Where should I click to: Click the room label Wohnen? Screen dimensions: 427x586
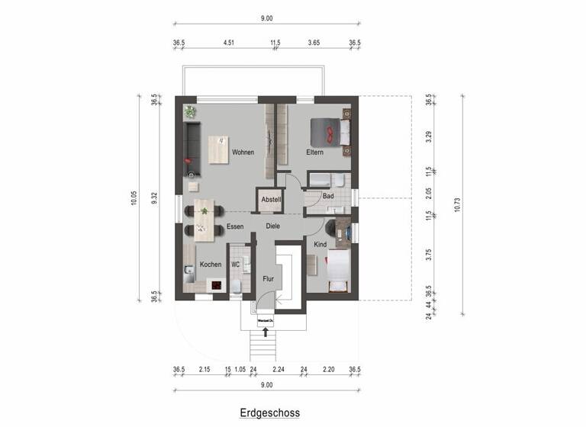(243, 152)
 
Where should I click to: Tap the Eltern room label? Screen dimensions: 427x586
(315, 152)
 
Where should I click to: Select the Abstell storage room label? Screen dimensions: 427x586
(271, 200)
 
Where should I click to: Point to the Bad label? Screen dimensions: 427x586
(328, 196)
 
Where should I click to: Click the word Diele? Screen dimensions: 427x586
(274, 226)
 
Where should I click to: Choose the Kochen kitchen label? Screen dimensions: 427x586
(211, 265)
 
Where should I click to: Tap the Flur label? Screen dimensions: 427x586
(268, 279)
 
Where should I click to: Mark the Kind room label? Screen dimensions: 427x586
(320, 245)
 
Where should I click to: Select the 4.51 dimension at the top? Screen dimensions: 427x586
(227, 43)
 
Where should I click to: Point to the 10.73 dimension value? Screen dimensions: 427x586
(457, 204)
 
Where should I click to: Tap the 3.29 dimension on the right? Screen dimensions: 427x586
(430, 137)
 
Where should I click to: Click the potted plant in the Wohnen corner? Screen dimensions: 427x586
(189, 111)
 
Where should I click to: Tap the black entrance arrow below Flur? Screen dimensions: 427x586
(266, 331)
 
